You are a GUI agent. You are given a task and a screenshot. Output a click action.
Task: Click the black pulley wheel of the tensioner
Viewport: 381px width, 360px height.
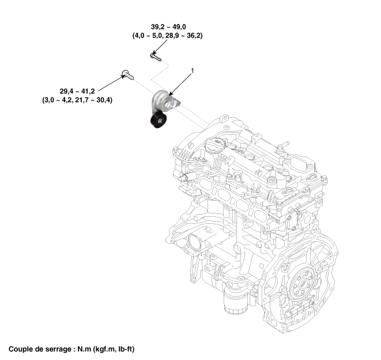tap(157, 121)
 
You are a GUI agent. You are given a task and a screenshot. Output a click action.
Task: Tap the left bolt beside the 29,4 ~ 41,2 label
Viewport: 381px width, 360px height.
tap(126, 74)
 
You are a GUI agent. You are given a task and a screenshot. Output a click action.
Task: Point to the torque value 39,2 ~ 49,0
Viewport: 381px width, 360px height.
tap(167, 27)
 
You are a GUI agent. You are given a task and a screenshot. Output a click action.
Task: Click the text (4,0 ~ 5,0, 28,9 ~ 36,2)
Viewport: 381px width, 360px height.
tap(167, 35)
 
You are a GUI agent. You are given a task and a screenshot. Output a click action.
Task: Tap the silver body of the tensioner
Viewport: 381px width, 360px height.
tap(164, 102)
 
